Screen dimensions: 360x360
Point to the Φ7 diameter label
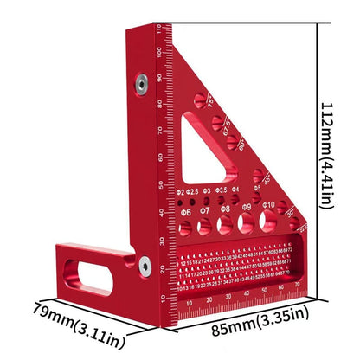click(x=205, y=210)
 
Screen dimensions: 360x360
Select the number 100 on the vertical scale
click(x=160, y=53)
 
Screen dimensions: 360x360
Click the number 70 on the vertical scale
click(x=160, y=131)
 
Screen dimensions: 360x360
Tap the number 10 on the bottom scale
click(x=190, y=304)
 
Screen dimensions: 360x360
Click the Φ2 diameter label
click(x=179, y=190)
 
